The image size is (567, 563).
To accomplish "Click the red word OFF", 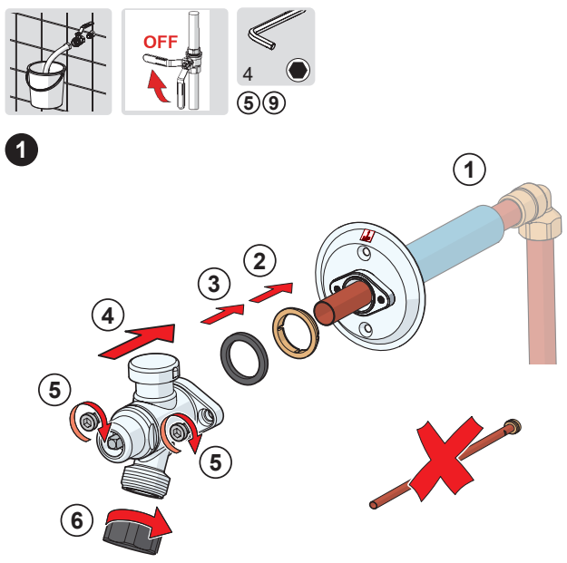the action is (x=161, y=42).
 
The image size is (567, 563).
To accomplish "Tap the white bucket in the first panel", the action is (x=46, y=85).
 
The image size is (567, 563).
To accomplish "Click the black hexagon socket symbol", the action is (x=298, y=70).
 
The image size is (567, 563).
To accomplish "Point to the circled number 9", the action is (x=274, y=103).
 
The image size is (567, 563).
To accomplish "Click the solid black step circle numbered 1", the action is (x=22, y=150).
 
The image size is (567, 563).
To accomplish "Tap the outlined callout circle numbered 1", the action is (x=469, y=170).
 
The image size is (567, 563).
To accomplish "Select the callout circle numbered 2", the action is (x=259, y=261).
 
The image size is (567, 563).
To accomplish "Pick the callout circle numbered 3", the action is (x=214, y=284).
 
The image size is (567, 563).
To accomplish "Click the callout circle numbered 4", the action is (x=108, y=315).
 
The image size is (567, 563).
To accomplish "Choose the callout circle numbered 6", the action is (x=77, y=520).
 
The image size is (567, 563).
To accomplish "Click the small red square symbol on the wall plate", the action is (x=367, y=236).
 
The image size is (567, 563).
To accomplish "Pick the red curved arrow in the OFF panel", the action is (x=159, y=87).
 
